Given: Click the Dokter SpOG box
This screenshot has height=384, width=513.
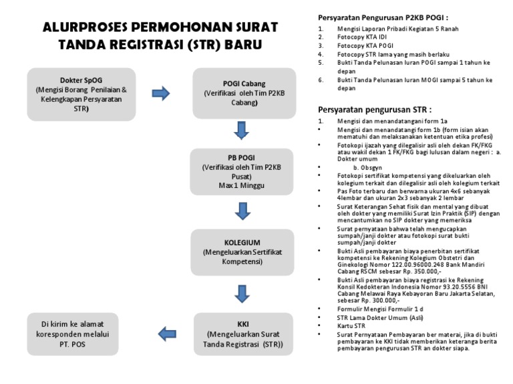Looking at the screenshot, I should pyautogui.click(x=80, y=93).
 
